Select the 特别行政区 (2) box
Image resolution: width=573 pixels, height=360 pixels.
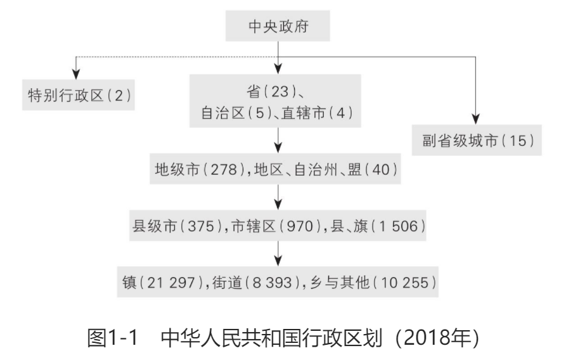(78, 94)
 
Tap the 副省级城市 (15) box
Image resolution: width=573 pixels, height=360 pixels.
(475, 140)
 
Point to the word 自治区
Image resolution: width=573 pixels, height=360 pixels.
(217, 113)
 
